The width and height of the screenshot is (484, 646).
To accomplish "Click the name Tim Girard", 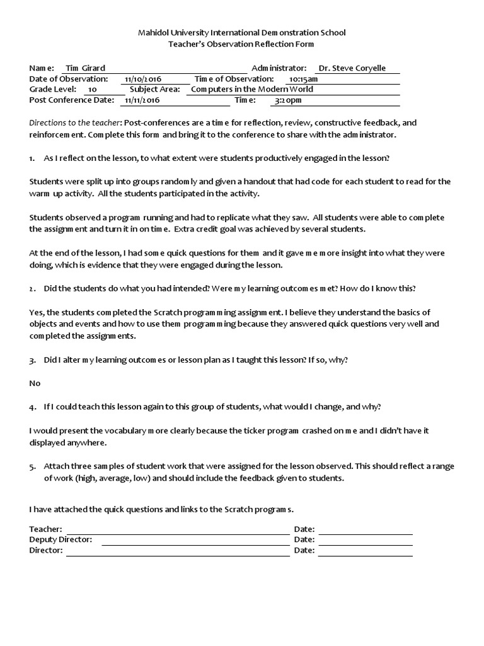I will [x=85, y=68].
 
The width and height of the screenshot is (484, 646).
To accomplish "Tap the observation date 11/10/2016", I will [x=143, y=79].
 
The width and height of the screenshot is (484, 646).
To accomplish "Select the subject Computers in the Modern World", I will [x=251, y=90].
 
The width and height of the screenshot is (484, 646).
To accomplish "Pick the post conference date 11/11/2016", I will [x=142, y=100].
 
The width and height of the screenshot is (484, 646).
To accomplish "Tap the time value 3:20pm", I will [x=288, y=100].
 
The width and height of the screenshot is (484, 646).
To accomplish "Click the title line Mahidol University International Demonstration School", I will [x=242, y=33].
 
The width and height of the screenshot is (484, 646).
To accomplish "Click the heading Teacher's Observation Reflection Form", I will [x=242, y=44].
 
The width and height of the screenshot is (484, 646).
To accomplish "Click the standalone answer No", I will [x=35, y=383].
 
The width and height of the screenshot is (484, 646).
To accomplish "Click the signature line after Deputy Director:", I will [x=195, y=540].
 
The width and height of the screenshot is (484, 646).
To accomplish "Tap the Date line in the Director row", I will [x=365, y=551].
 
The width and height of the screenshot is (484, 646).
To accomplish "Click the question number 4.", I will [x=32, y=407].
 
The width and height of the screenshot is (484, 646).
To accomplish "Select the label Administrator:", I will [x=279, y=68].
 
